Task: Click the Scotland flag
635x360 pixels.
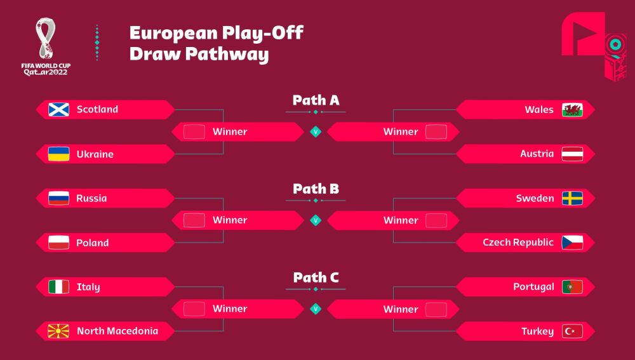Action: [x=58, y=110]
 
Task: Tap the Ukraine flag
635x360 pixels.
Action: [x=58, y=154]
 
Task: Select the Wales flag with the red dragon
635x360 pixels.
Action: [x=572, y=110]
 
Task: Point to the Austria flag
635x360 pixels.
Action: [x=572, y=154]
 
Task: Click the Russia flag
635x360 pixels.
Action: [x=58, y=198]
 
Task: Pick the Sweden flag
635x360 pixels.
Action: [x=572, y=199]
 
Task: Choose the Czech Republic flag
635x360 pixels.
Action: [x=572, y=243]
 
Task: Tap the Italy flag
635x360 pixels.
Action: [x=58, y=287]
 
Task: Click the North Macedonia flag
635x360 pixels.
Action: [x=58, y=331]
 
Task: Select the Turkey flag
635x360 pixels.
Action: [x=572, y=331]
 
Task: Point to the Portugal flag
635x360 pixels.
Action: [x=572, y=287]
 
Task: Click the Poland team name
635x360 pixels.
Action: [x=92, y=243]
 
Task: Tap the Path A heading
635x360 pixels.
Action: [x=316, y=100]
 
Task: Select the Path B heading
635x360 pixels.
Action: [x=316, y=189]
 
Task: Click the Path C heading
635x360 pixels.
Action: [x=316, y=277]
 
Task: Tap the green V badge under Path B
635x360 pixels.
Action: [x=316, y=220]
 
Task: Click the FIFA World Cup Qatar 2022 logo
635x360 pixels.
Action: [x=46, y=46]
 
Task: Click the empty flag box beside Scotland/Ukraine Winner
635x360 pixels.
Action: [x=194, y=131]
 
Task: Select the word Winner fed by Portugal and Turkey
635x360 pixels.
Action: [x=401, y=309]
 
